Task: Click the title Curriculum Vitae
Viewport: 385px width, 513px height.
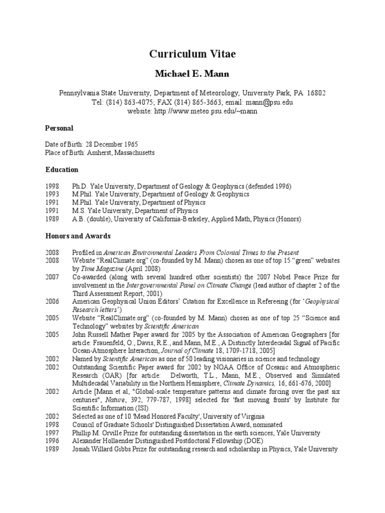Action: (x=192, y=54)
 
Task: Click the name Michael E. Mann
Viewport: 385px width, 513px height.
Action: (x=192, y=73)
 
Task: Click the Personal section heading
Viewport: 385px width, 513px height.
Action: (x=59, y=128)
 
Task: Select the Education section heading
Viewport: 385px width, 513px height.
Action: (x=62, y=170)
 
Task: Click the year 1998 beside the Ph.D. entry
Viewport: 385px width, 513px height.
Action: (x=52, y=186)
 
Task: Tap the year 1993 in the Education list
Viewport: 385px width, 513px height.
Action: (x=52, y=194)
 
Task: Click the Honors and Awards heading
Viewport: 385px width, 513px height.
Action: (x=78, y=236)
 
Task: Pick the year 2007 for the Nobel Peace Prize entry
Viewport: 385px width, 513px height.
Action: (x=52, y=277)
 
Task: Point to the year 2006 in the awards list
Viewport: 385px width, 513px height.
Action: (x=52, y=302)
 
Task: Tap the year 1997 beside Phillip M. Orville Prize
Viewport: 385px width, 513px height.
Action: (x=52, y=433)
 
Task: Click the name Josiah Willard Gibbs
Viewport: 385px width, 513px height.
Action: (x=101, y=449)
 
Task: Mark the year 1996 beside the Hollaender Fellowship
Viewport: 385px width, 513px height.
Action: (x=52, y=441)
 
